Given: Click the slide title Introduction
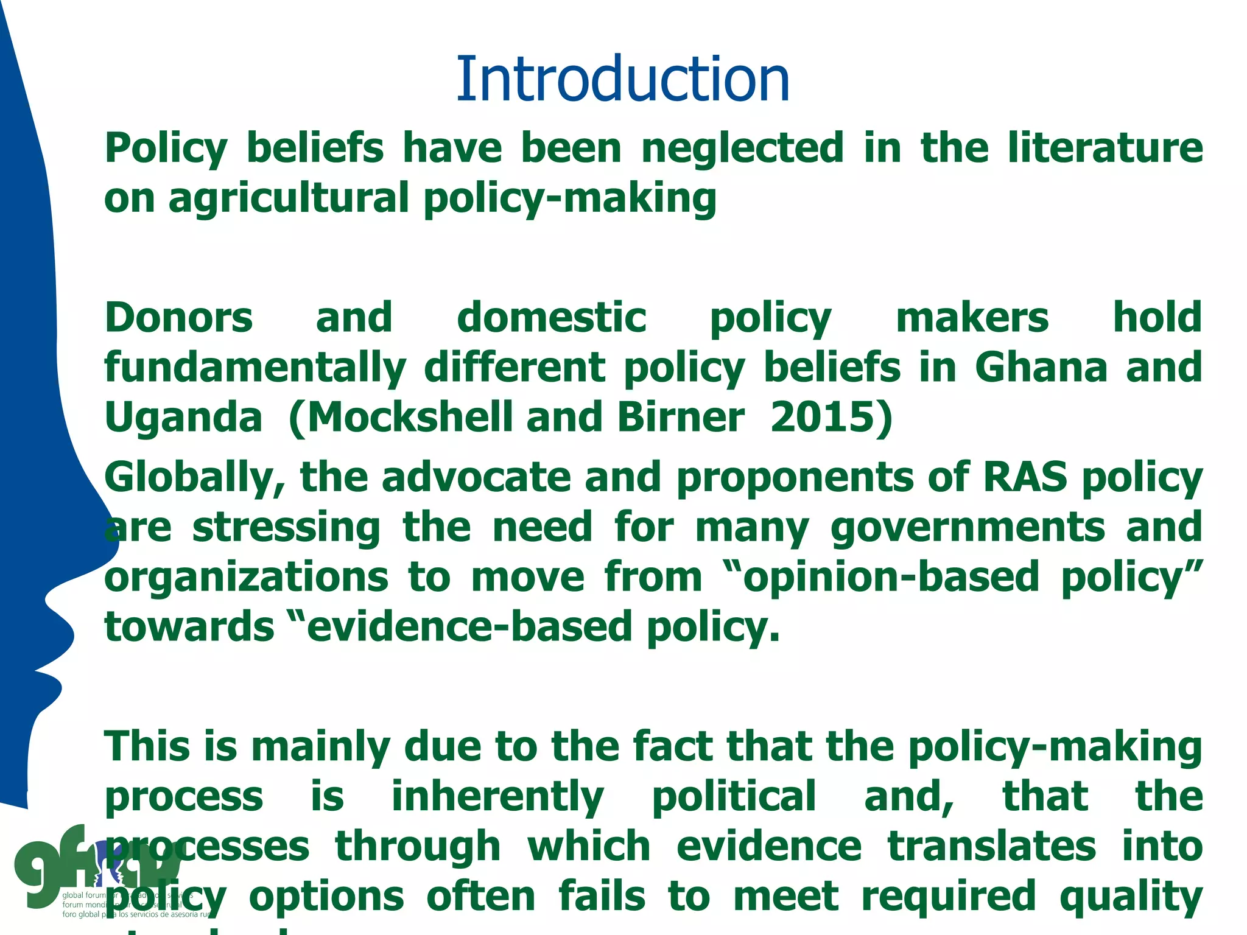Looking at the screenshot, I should [622, 79].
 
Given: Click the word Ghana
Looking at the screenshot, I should [1041, 368].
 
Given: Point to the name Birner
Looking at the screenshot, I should [680, 418].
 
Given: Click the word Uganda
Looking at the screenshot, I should [183, 418].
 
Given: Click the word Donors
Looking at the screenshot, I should [178, 318].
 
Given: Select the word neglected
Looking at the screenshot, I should [742, 148].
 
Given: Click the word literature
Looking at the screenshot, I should [1105, 148].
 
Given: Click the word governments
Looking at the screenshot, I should [968, 528].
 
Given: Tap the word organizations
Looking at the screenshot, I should [246, 578].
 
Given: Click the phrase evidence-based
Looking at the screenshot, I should [469, 628].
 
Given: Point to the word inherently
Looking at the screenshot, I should [497, 797].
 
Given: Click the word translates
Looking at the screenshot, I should [991, 847].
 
